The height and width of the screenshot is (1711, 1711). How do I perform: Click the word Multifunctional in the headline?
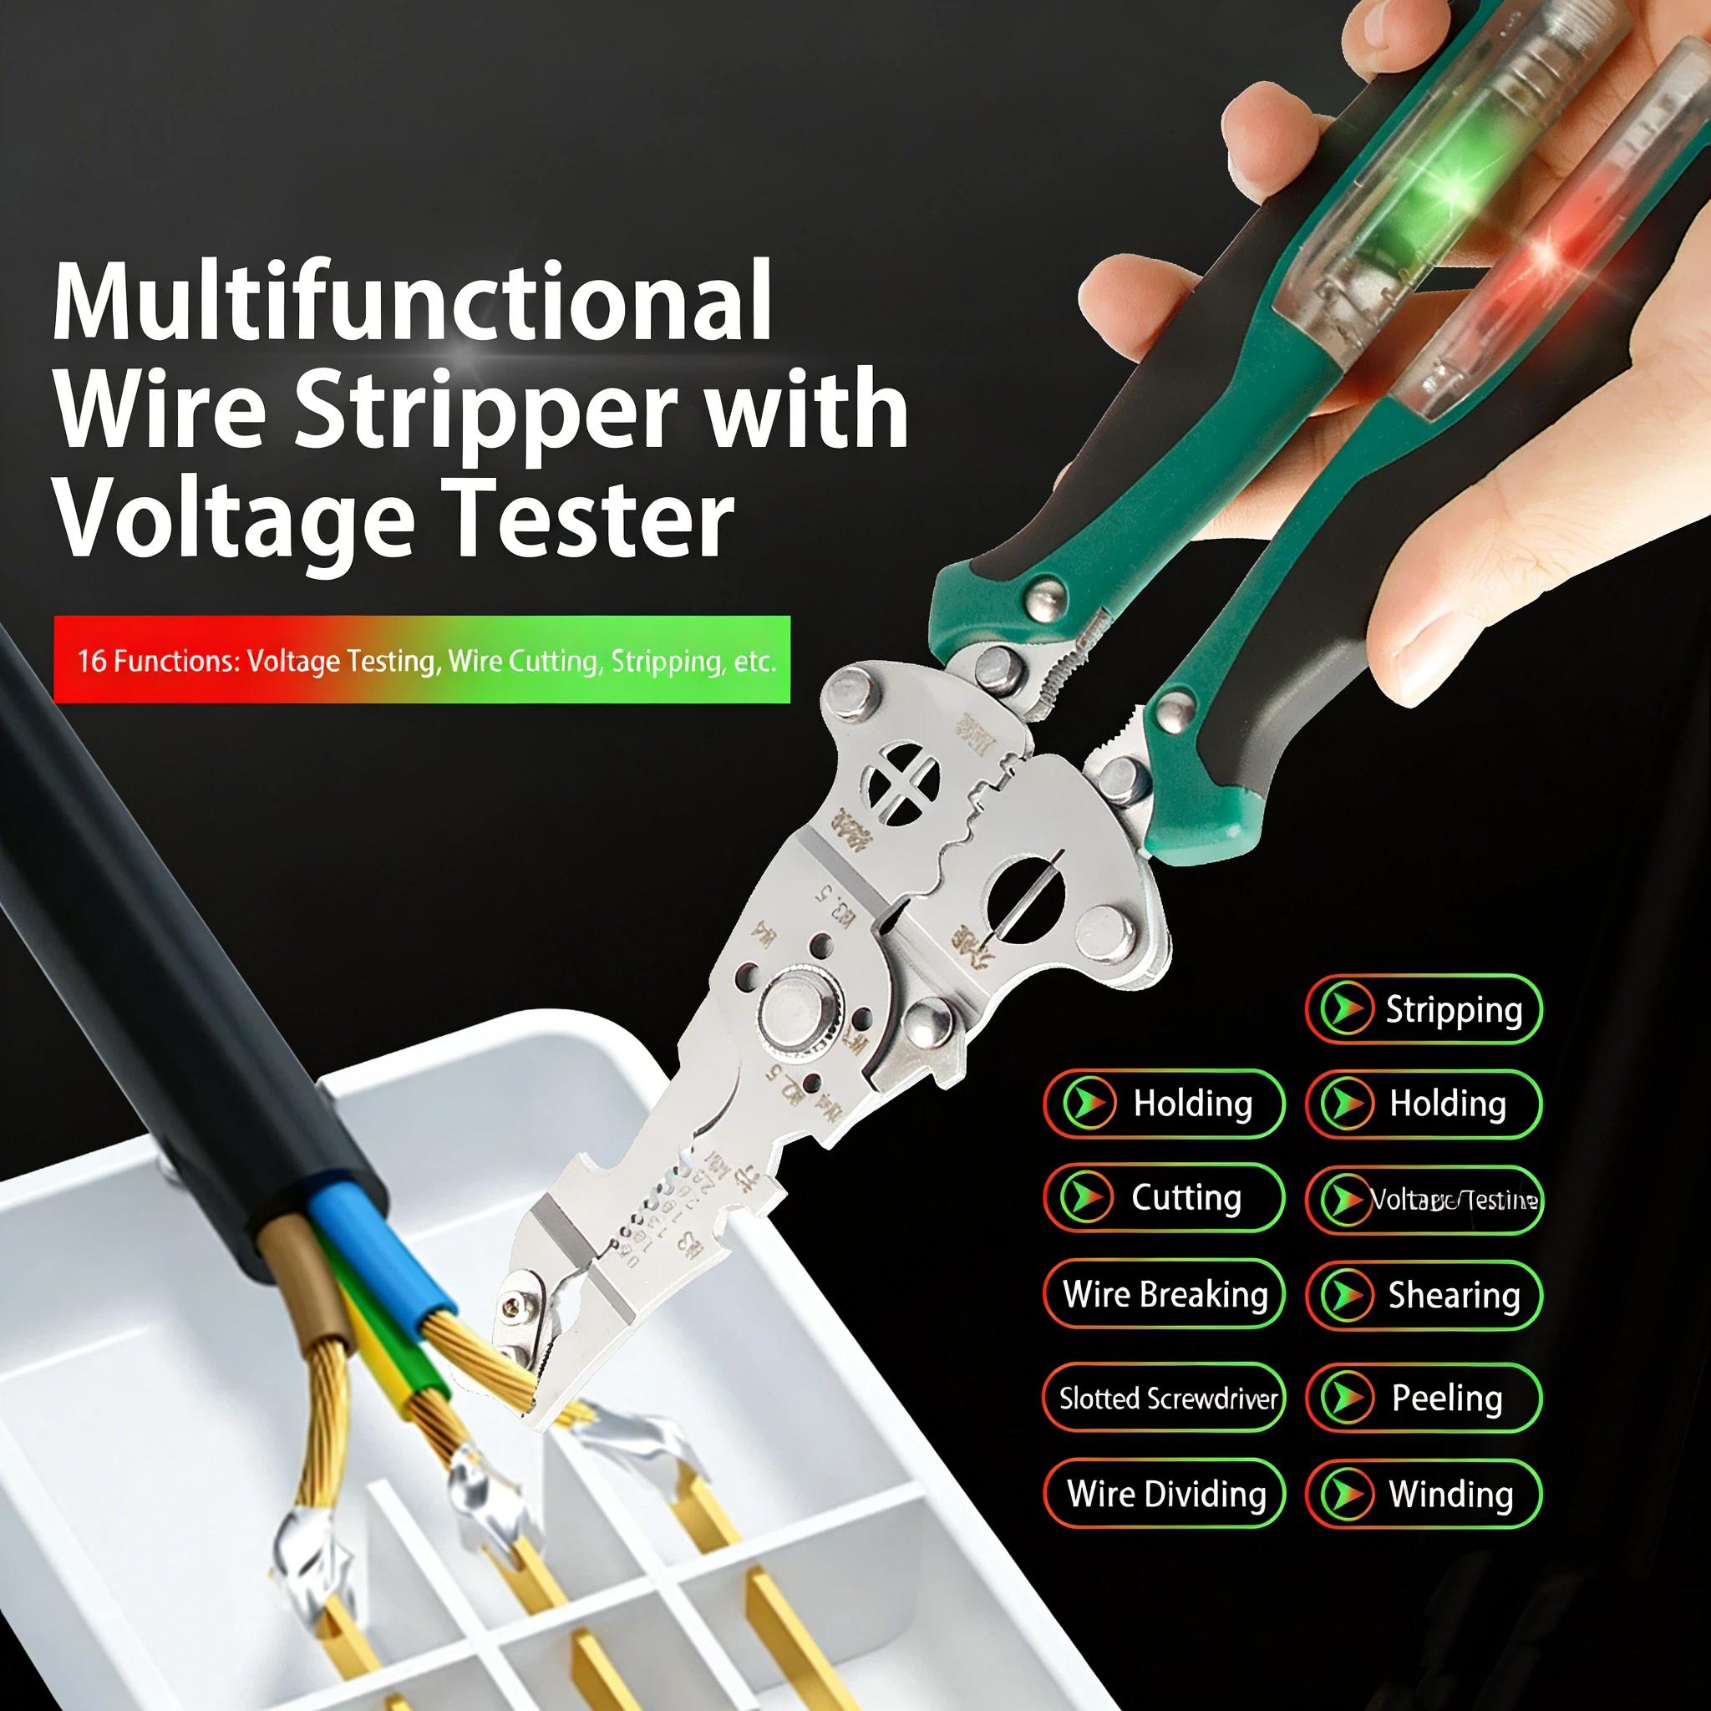[412, 301]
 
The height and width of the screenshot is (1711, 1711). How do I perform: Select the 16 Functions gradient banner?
[422, 661]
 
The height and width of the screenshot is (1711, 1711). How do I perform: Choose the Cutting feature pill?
[1164, 1198]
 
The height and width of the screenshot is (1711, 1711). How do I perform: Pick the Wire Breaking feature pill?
[1164, 1294]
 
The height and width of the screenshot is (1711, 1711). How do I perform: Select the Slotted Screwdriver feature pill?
[1164, 1399]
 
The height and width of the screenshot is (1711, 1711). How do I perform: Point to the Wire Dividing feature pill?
[1164, 1494]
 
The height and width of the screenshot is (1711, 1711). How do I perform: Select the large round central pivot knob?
[795, 1008]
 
